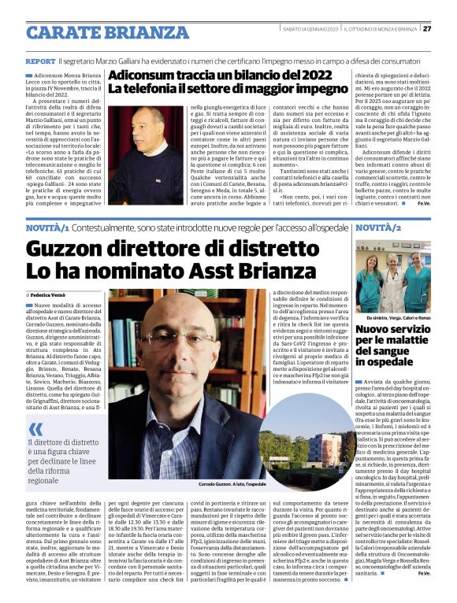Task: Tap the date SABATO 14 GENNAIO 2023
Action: tap(311, 29)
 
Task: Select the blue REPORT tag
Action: tap(40, 61)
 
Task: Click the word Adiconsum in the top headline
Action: tap(141, 76)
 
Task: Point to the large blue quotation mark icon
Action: tap(37, 429)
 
